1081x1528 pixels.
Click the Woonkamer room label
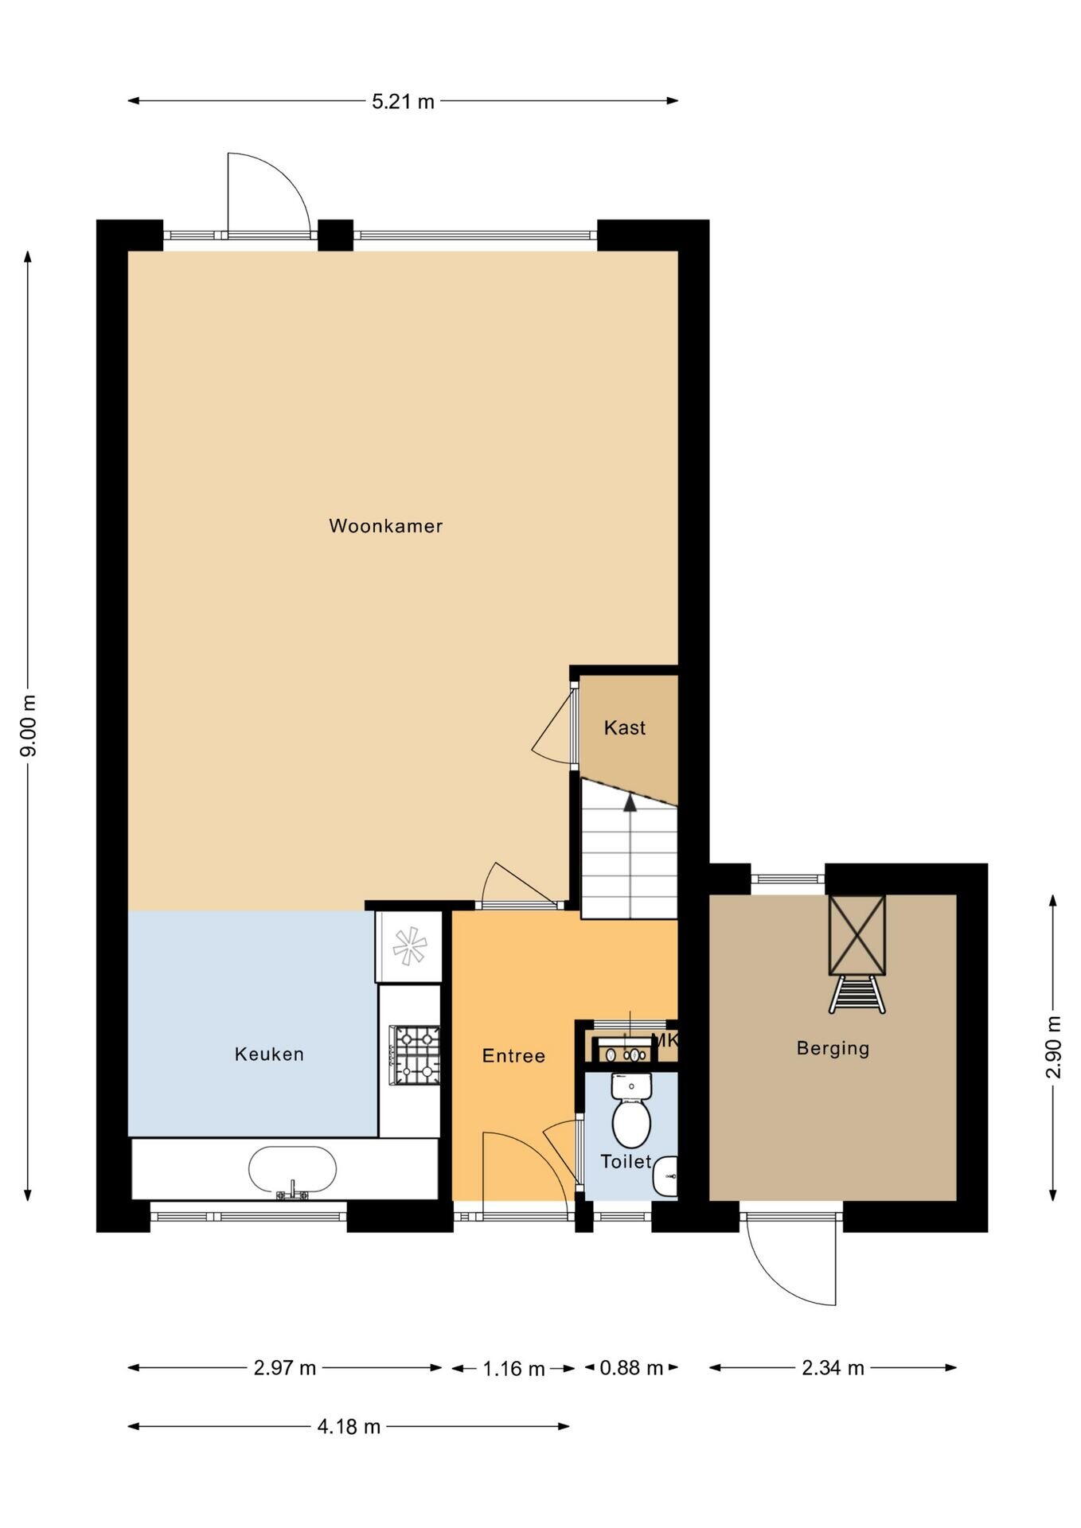tap(385, 526)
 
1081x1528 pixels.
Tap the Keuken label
tap(269, 1054)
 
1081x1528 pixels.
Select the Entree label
tap(513, 1056)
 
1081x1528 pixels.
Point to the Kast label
tap(625, 727)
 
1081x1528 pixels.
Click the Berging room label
tap(833, 1048)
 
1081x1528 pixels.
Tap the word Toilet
tap(626, 1162)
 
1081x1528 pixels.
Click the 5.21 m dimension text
tap(404, 101)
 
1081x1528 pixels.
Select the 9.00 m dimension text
tap(29, 726)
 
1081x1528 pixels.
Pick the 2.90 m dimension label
tap(1053, 1047)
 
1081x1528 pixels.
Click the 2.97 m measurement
tap(285, 1368)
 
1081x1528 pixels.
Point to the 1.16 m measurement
tap(513, 1369)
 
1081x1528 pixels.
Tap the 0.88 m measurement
tap(631, 1368)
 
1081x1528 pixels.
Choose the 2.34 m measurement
tap(833, 1368)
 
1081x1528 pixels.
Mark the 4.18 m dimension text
tap(349, 1427)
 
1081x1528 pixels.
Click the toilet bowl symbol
tap(631, 1111)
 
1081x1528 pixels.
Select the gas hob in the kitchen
tap(414, 1055)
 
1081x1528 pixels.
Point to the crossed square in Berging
tap(857, 935)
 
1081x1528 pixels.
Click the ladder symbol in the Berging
tap(857, 994)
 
